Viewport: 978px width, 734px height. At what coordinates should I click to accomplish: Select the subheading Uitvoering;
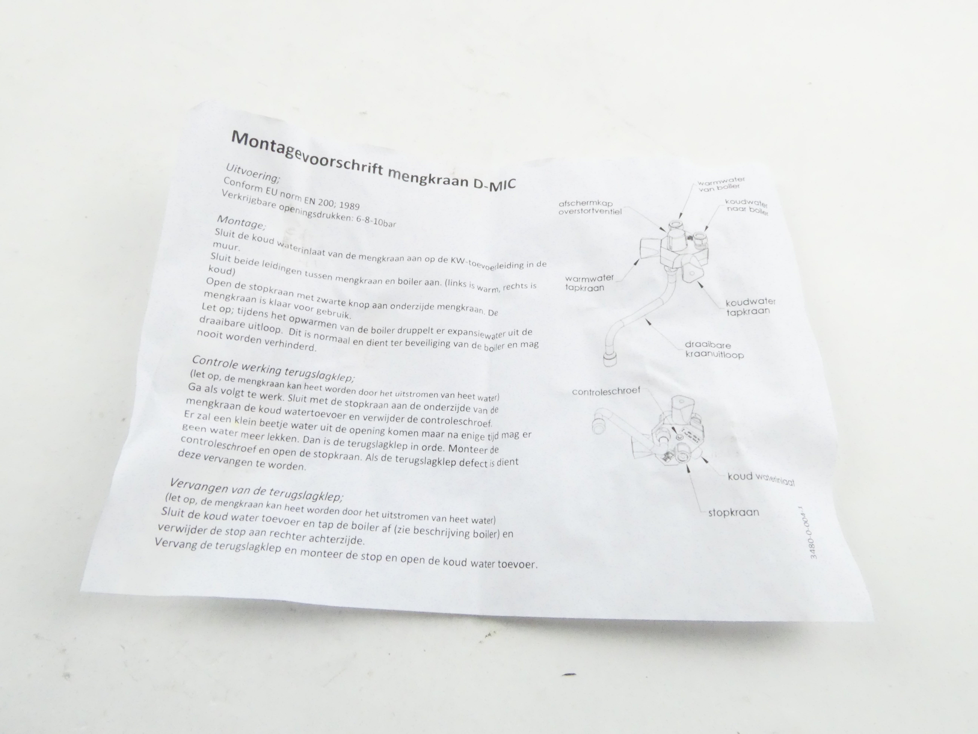click(x=253, y=173)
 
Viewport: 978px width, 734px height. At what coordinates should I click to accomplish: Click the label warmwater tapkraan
click(x=589, y=283)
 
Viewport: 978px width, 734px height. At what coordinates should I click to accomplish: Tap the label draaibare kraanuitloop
click(x=714, y=349)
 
